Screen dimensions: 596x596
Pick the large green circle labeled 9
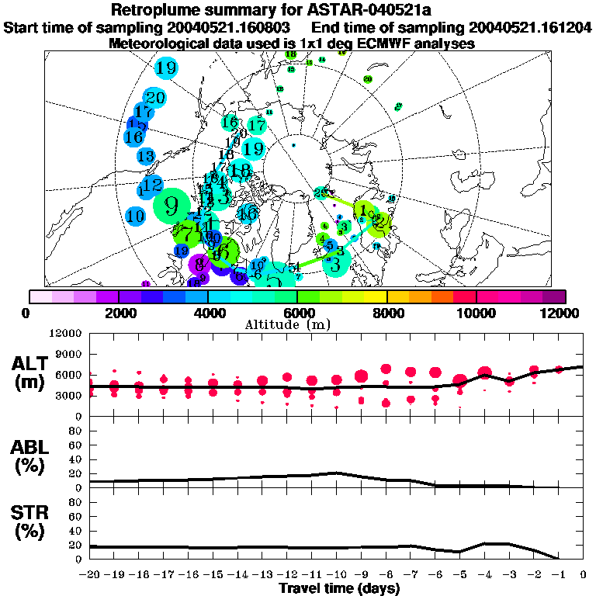click(x=172, y=206)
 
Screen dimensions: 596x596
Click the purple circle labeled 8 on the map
click(x=199, y=264)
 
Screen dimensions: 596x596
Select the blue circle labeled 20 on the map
click(x=155, y=98)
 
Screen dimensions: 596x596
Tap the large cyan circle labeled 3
click(x=335, y=264)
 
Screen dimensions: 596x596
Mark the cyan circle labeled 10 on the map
click(x=136, y=216)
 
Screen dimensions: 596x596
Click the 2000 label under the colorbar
click(x=118, y=313)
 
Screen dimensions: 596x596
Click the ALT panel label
click(x=32, y=363)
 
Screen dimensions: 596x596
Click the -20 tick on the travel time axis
click(x=90, y=575)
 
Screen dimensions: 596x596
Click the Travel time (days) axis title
click(x=339, y=589)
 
